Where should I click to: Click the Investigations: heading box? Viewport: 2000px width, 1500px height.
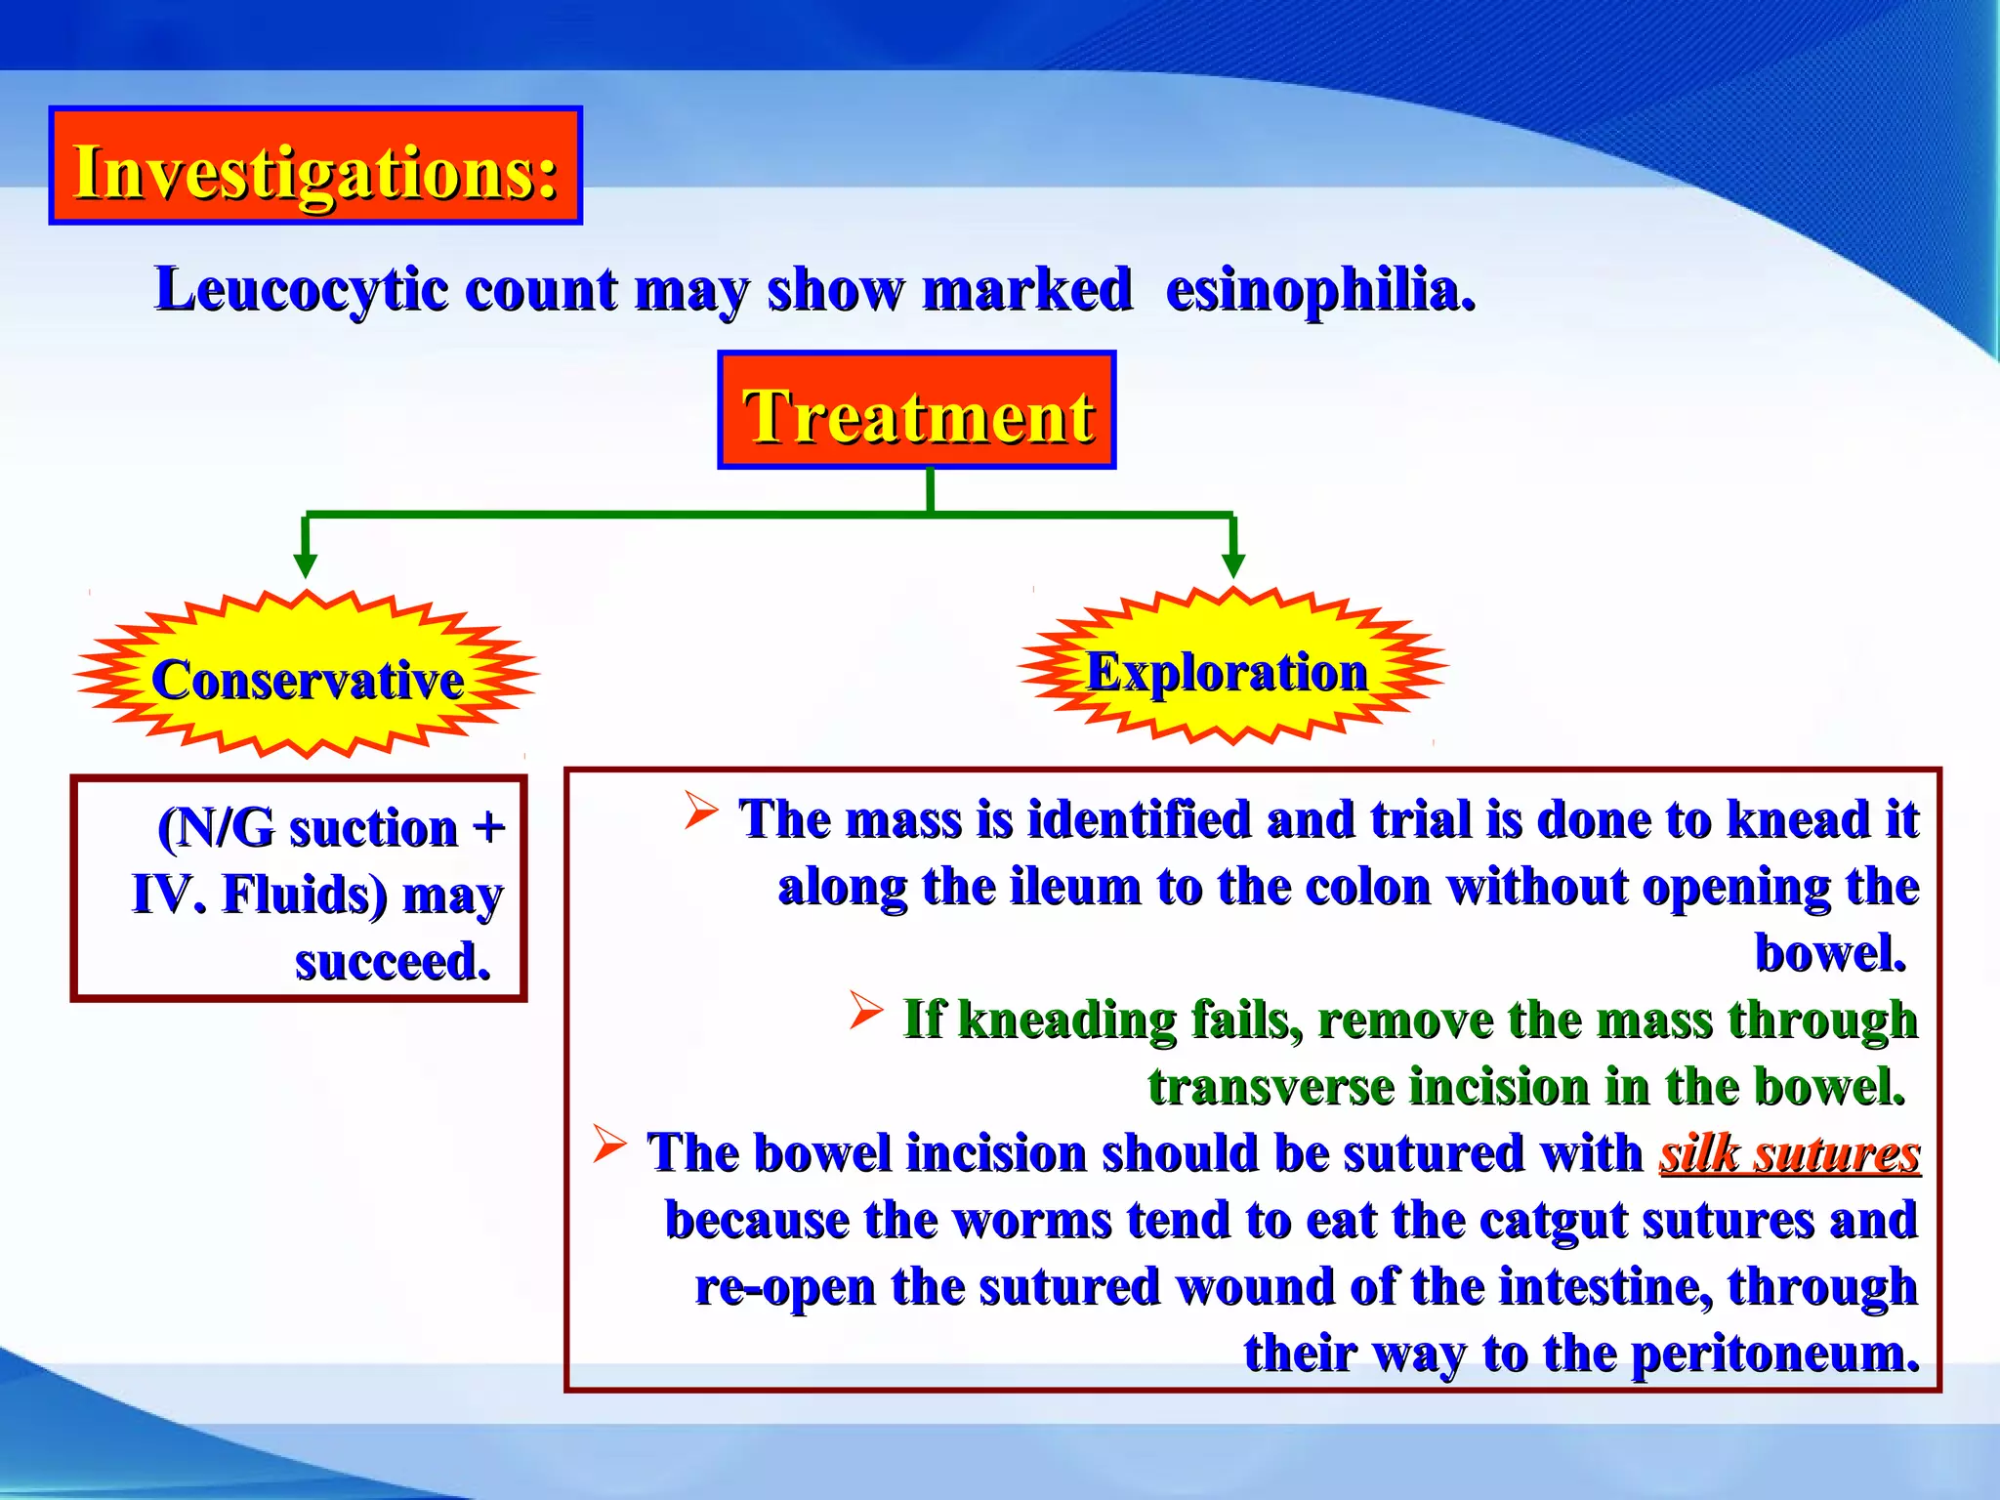(315, 166)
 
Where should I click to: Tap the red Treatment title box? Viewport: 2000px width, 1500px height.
(916, 410)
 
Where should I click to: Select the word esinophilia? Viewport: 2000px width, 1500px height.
(1320, 290)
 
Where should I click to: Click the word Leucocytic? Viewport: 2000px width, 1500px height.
(303, 290)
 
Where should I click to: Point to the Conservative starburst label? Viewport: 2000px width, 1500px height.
(307, 679)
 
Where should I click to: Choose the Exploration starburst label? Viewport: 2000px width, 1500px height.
(1228, 672)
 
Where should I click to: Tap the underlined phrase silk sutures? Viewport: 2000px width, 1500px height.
(1789, 1153)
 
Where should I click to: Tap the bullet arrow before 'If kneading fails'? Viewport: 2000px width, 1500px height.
(866, 1010)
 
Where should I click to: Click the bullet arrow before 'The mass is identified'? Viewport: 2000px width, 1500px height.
(701, 810)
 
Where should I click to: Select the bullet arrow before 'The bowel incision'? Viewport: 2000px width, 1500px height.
(609, 1144)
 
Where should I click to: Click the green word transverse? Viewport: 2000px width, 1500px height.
(1271, 1087)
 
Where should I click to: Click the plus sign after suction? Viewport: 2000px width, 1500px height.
(488, 828)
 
